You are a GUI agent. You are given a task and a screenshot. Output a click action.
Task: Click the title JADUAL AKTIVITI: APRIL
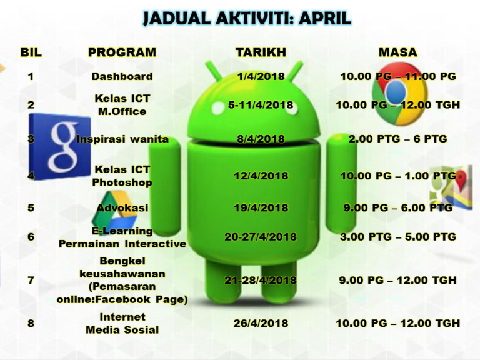coord(247,18)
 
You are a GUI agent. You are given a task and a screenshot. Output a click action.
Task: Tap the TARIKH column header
coord(261,52)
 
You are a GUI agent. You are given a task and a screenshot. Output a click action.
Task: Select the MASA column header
coord(398,52)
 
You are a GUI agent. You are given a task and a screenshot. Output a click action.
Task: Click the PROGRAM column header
coord(122,52)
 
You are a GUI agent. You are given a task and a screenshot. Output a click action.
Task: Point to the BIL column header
coord(31,52)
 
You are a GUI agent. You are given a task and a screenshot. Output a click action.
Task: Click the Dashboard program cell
coord(122,76)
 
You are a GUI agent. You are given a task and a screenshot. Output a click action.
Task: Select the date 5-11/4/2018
coord(261,105)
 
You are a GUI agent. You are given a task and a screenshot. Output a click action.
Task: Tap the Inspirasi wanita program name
coord(122,139)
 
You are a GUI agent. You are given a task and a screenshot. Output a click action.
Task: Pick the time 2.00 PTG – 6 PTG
coord(398,139)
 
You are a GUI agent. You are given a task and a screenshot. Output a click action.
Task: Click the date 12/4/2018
coord(261,176)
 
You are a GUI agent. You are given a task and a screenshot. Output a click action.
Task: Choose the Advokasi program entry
coord(122,208)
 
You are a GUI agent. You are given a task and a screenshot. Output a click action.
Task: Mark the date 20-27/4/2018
coord(261,237)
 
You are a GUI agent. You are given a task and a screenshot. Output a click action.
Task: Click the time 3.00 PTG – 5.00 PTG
coord(398,237)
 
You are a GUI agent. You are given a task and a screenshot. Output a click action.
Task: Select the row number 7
coord(31,280)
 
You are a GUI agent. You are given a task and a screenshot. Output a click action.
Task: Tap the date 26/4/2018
coord(261,323)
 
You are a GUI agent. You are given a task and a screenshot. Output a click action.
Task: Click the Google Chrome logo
coord(400,94)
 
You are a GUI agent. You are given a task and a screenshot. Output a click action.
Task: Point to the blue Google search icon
coord(60,146)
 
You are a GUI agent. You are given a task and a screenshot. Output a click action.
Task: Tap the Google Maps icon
coord(451,187)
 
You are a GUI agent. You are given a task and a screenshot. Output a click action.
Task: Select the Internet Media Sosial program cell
coord(122,323)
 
